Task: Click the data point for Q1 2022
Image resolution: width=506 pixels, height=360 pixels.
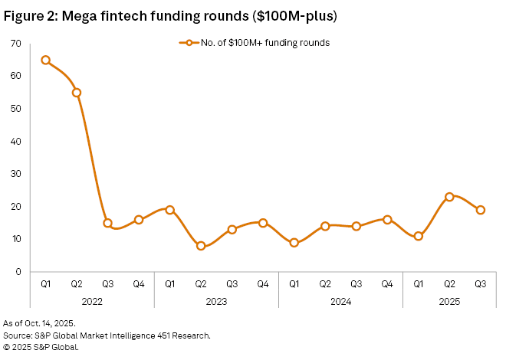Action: click(46, 60)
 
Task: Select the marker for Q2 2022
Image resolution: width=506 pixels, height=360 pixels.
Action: click(77, 93)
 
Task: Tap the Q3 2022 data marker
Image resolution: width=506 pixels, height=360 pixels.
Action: click(108, 223)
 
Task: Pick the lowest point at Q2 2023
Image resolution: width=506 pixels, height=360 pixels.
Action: click(201, 246)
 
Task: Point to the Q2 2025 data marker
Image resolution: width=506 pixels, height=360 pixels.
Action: click(449, 197)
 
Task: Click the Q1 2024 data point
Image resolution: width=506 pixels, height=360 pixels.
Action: click(294, 242)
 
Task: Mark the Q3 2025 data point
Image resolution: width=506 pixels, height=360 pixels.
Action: click(481, 210)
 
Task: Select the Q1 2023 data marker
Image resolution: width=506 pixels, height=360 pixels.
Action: click(170, 210)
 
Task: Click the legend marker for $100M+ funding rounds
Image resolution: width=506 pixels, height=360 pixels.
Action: click(185, 43)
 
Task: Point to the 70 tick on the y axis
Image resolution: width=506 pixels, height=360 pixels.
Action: click(15, 44)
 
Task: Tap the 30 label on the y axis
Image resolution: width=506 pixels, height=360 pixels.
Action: click(15, 174)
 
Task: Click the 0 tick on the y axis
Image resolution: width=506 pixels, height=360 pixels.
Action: click(18, 271)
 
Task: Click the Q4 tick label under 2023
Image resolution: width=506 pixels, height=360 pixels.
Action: click(263, 283)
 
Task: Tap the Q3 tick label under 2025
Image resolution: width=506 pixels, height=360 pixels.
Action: click(481, 283)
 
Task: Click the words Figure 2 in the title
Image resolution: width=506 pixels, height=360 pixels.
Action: click(34, 15)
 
